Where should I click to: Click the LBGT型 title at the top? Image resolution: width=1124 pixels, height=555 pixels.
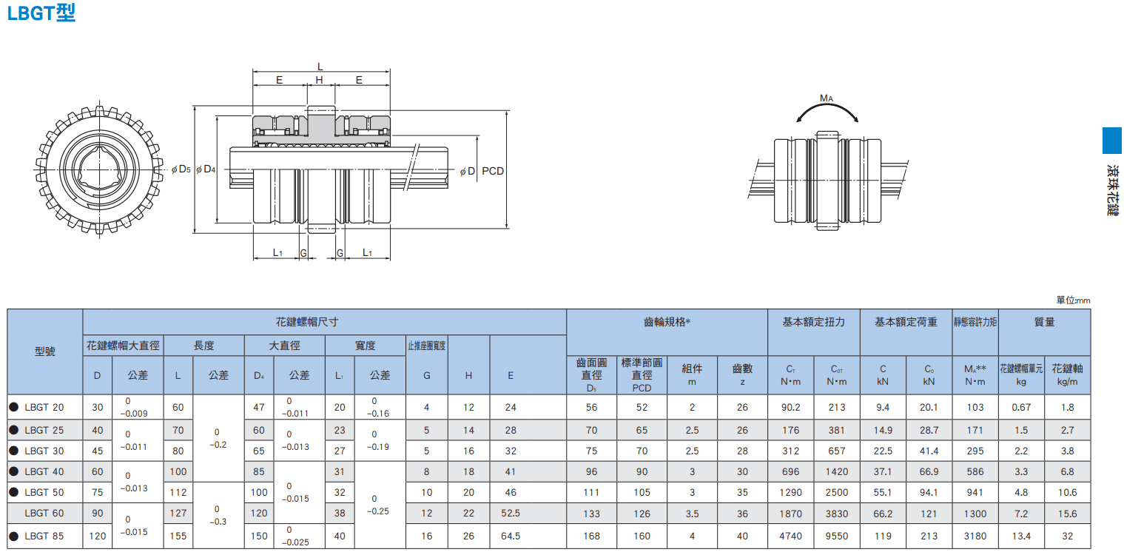tap(41, 13)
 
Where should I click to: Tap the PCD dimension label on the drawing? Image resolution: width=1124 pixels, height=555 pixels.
tap(492, 171)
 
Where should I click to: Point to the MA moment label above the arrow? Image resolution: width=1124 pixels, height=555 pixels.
tap(826, 98)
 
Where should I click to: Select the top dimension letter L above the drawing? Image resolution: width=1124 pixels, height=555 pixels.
tap(320, 67)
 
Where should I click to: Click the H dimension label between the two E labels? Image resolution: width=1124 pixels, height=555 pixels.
tap(319, 80)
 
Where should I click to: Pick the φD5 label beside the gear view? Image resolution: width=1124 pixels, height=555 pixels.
tap(181, 169)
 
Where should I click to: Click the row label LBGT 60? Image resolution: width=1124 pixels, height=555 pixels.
tap(44, 514)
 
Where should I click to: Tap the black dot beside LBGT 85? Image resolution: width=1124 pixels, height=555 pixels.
tap(14, 536)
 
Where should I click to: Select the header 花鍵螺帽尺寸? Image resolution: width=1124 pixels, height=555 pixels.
tap(306, 322)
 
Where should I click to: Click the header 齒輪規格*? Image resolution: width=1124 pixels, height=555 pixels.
tap(667, 322)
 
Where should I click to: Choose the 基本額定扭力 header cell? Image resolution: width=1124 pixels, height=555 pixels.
tap(813, 322)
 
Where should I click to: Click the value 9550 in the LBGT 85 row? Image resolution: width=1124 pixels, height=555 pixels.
tap(836, 536)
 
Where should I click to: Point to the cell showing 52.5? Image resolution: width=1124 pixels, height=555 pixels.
tap(511, 514)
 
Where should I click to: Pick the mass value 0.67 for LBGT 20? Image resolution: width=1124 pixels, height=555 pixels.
tap(1021, 408)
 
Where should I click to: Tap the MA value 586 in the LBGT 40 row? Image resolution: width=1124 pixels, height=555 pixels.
tap(975, 471)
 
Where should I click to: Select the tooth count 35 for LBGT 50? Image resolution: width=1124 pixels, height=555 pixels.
tap(742, 492)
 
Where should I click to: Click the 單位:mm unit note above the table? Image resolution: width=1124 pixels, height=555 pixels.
tap(1073, 300)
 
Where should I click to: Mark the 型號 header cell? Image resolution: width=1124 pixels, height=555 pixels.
tap(44, 351)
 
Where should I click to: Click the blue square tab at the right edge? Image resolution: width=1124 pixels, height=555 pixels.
tap(1112, 141)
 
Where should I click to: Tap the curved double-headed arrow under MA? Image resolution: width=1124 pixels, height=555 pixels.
tap(827, 105)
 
